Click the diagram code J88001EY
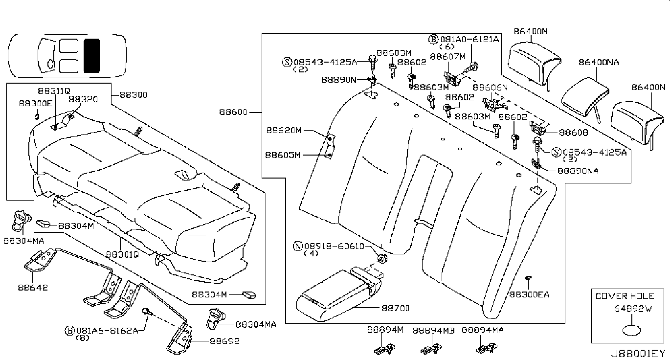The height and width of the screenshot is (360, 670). [x=638, y=353]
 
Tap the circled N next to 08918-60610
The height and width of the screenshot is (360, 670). [x=297, y=246]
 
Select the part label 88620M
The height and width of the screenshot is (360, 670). [x=284, y=130]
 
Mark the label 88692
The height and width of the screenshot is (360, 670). [x=224, y=341]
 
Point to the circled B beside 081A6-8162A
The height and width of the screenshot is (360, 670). [x=69, y=331]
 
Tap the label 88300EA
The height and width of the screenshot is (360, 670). [x=529, y=294]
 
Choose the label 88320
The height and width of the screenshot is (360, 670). [x=83, y=99]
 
